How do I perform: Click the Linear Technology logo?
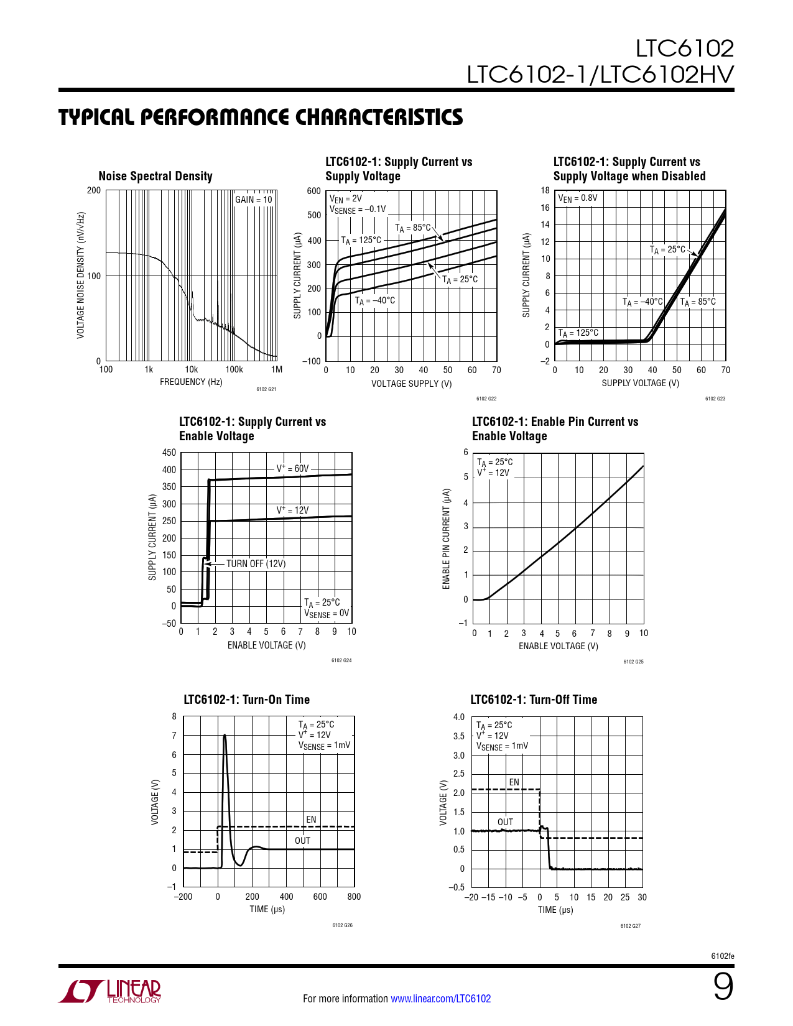coord(110,991)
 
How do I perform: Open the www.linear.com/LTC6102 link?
coord(440,999)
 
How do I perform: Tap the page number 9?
coord(723,987)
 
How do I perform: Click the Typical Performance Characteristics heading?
coord(261,117)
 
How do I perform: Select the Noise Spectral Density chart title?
coord(155,176)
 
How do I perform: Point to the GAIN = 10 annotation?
coord(253,200)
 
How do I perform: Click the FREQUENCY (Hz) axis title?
coord(191,382)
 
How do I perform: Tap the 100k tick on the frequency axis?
coord(234,369)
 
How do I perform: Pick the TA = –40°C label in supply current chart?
coord(375,301)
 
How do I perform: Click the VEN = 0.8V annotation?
coord(578,198)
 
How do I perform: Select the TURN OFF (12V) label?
coord(256,564)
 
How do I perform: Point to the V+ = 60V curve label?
coord(292,468)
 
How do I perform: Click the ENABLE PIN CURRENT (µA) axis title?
coord(446,538)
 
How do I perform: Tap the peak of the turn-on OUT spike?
coord(225,736)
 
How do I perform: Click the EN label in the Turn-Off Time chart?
coord(514,782)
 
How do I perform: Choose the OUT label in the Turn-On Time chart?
coord(302,841)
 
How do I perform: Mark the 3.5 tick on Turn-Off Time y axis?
coord(458,736)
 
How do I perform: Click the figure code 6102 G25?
coord(633,662)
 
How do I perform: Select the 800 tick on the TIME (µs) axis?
coord(354,897)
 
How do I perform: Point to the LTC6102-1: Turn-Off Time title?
coord(534,700)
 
